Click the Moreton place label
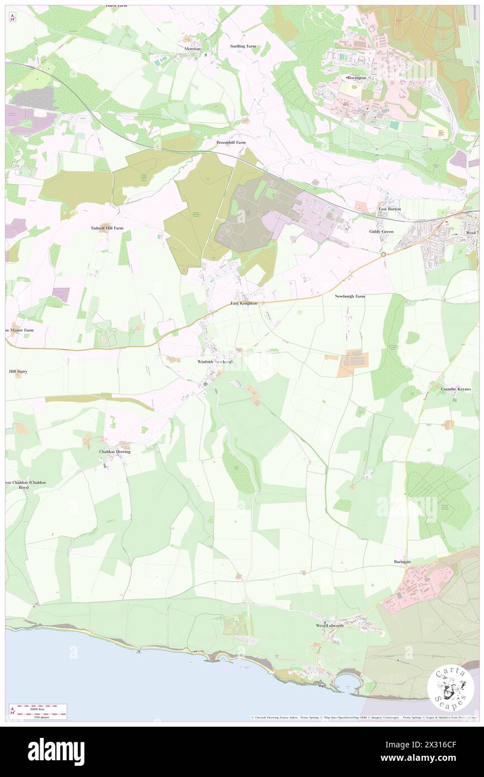[192, 49]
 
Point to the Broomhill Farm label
[231, 143]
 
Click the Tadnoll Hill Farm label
[107, 228]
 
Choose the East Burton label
[390, 209]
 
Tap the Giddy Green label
[382, 231]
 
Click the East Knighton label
[244, 303]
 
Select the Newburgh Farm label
[350, 296]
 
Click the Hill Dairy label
[18, 371]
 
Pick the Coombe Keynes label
[455, 388]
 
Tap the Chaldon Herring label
[115, 452]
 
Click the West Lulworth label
[330, 626]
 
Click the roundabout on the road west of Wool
[384, 254]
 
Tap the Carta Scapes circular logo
[450, 688]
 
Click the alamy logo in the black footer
[56, 751]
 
